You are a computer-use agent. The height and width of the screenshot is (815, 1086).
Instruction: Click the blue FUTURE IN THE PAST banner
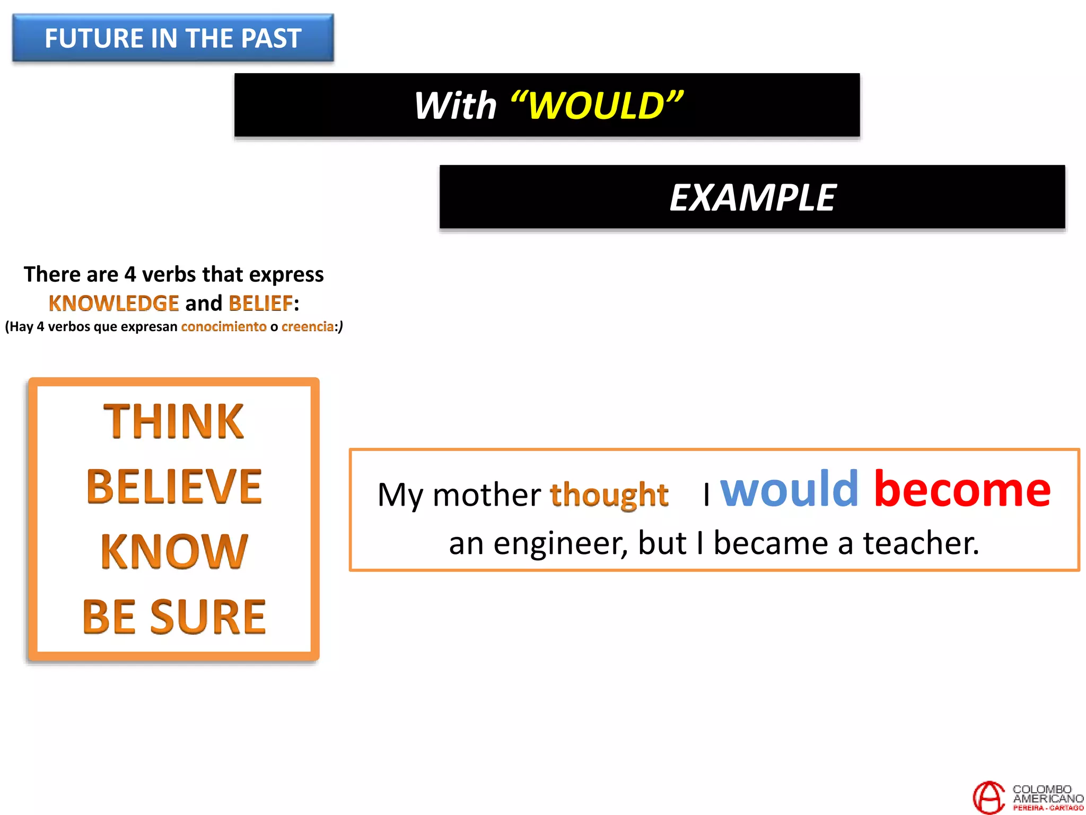coord(173,38)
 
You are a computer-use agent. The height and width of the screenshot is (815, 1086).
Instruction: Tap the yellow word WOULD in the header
coord(596,106)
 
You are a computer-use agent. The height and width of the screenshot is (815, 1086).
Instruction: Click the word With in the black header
coord(455,106)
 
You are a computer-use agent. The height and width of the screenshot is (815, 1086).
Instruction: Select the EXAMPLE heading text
coord(752,198)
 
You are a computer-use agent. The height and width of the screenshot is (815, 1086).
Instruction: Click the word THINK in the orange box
coord(173,421)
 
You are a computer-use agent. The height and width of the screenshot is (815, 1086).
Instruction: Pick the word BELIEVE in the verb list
coord(174,487)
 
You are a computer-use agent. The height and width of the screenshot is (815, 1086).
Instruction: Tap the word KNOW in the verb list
coord(174,552)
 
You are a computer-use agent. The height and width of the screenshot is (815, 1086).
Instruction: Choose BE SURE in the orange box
coord(174,617)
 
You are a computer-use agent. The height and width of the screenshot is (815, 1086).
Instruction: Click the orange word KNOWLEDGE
coord(113,304)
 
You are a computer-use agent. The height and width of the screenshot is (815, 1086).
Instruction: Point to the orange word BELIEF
coord(260,304)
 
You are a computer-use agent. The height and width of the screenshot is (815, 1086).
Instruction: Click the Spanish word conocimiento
coord(224,326)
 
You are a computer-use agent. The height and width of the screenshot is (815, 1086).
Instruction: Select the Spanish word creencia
coord(308,326)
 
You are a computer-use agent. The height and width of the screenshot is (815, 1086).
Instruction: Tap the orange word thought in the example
coord(609,495)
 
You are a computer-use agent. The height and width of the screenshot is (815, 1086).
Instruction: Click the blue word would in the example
coord(789,489)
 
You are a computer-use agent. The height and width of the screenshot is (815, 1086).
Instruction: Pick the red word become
coord(962,489)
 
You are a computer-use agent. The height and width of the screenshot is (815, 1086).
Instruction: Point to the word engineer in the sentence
coord(560,543)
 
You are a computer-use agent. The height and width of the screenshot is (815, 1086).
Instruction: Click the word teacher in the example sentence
coord(921,543)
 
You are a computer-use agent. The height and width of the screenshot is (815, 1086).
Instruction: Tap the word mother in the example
coord(486,495)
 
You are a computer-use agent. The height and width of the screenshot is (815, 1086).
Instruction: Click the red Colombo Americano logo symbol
coord(989,797)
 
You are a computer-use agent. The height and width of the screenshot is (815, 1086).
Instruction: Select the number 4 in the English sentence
coord(130,275)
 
